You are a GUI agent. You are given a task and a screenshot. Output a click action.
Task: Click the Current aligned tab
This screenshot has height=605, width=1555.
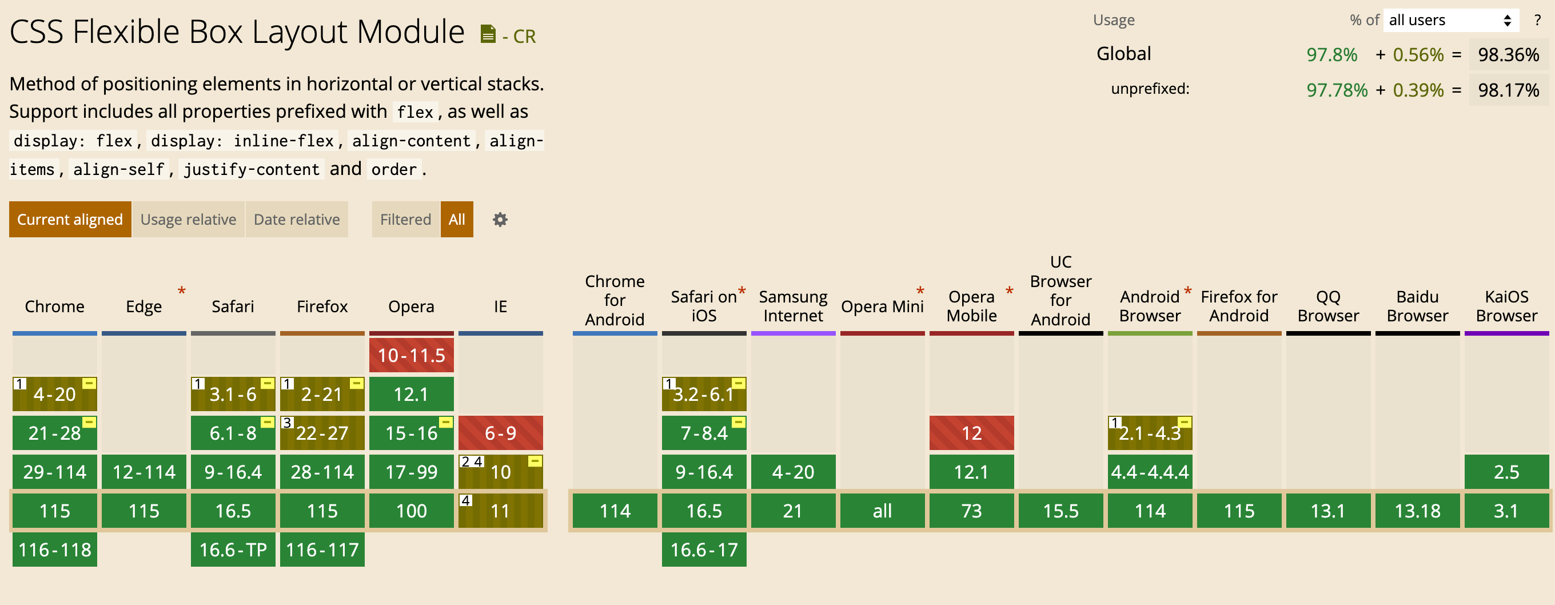70,219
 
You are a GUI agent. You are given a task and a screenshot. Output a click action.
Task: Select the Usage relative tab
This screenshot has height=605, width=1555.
188,219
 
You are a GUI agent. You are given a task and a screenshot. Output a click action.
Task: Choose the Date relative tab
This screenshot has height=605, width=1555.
296,219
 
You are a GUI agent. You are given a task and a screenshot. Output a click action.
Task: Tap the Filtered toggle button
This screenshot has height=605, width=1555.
406,219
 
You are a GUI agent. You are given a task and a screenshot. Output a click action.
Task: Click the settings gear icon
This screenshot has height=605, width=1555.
500,219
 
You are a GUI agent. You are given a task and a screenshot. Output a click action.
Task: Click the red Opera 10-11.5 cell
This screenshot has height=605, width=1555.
412,355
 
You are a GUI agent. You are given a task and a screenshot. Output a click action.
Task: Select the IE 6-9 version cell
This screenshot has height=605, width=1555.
500,433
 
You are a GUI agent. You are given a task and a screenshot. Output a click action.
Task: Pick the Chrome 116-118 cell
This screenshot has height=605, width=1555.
55,550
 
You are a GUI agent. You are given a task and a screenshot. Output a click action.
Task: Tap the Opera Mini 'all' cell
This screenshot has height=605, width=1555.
883,511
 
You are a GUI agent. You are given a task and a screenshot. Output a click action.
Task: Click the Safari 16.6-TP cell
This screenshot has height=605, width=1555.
233,550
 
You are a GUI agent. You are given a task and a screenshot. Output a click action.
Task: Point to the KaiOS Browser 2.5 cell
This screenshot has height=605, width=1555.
1507,472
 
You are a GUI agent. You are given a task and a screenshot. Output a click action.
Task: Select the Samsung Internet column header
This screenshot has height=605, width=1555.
793,306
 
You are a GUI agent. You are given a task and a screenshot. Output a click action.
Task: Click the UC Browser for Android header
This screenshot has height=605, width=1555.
1060,290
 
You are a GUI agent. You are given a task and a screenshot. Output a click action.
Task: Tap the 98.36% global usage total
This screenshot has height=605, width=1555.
1509,55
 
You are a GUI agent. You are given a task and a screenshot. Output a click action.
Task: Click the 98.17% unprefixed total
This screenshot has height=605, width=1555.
1509,90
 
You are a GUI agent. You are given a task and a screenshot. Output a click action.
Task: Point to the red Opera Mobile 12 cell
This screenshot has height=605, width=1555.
972,433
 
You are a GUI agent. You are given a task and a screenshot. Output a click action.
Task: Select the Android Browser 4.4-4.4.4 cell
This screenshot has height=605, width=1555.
1150,472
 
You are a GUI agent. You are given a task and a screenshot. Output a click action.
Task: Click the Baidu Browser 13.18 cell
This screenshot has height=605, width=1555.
1417,511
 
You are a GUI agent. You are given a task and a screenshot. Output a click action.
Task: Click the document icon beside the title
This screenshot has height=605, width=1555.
488,34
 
